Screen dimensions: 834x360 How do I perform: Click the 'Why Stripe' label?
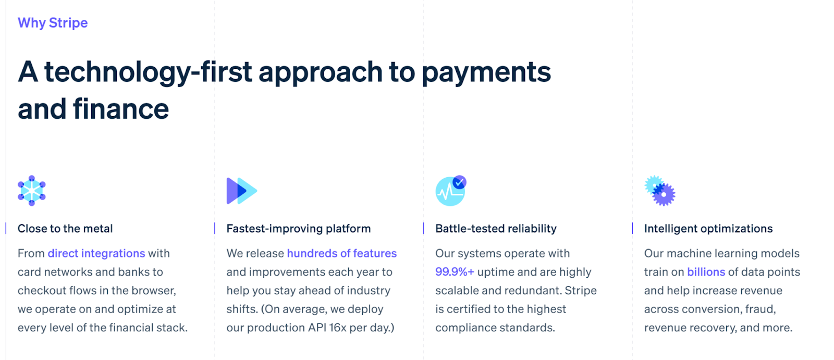pyautogui.click(x=53, y=23)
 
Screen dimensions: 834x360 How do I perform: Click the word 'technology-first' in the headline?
pyautogui.click(x=148, y=72)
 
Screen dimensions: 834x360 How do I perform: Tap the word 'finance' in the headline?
pyautogui.click(x=121, y=109)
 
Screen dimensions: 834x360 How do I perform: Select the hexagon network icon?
pyautogui.click(x=32, y=191)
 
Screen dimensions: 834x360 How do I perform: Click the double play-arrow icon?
pyautogui.click(x=242, y=191)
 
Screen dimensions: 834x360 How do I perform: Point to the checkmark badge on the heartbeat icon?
pyautogui.click(x=459, y=182)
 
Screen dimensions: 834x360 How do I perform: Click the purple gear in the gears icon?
pyautogui.click(x=664, y=195)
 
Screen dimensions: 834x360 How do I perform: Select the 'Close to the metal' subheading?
pyautogui.click(x=65, y=228)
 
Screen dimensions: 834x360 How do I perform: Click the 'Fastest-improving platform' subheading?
pyautogui.click(x=299, y=228)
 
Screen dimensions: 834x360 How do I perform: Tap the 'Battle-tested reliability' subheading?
pyautogui.click(x=496, y=228)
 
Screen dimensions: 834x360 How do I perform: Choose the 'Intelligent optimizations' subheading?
pyautogui.click(x=708, y=228)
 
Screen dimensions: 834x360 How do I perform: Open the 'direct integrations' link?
pyautogui.click(x=96, y=254)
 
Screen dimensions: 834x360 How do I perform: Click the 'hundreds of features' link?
pyautogui.click(x=342, y=253)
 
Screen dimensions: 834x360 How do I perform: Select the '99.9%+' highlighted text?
pyautogui.click(x=455, y=272)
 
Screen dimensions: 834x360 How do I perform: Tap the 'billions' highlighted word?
pyautogui.click(x=706, y=272)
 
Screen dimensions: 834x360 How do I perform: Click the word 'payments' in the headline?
pyautogui.click(x=486, y=73)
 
